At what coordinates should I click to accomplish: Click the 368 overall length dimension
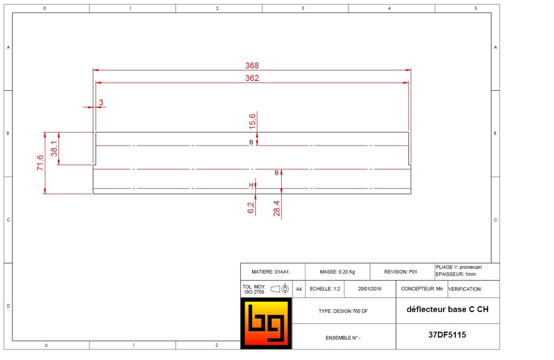coord(252,65)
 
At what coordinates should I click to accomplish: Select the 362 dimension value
coord(252,78)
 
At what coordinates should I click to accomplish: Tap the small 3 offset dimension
coord(101,102)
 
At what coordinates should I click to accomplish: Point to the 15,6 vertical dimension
coord(252,121)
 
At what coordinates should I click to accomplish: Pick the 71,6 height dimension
coord(40,163)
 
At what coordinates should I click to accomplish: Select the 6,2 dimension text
coord(251,208)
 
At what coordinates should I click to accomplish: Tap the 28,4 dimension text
coord(276,208)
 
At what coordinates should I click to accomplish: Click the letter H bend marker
coord(251,185)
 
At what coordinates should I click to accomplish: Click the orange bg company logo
coord(266,323)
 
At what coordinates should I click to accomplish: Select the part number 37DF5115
coord(447,335)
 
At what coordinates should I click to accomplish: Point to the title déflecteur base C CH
coord(447,310)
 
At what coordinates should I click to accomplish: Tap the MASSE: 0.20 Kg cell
coord(337,272)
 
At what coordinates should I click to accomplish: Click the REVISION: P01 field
coord(401,272)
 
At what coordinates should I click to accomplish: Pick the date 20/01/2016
coord(370,289)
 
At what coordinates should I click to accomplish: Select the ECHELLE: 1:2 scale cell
coord(325,289)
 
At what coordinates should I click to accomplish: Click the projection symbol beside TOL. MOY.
coord(280,289)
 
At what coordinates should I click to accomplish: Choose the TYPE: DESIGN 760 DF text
coord(344,311)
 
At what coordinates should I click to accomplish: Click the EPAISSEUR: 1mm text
coord(456,275)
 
